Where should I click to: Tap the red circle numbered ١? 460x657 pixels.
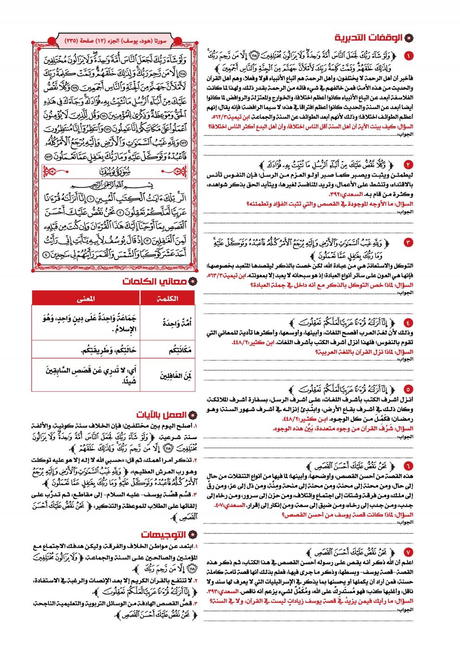408,56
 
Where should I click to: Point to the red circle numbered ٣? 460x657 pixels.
408,242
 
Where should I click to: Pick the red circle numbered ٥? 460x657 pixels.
408,389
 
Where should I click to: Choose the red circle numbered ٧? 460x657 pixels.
408,552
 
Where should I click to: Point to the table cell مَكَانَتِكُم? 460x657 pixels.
167,350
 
